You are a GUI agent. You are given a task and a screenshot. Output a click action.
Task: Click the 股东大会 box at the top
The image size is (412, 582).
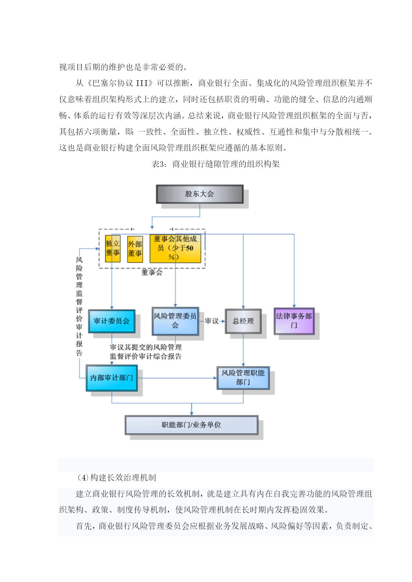click(x=200, y=194)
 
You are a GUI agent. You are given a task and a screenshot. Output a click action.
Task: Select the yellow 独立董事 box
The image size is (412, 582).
click(x=113, y=249)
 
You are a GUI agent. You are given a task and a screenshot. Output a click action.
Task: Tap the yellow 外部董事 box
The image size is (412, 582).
click(x=135, y=249)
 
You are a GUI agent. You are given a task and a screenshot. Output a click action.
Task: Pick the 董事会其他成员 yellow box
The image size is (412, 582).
click(x=175, y=249)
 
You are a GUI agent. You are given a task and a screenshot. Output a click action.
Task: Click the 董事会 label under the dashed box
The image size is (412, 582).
click(x=152, y=272)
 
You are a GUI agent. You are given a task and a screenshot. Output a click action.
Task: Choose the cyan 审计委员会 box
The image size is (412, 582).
click(x=112, y=321)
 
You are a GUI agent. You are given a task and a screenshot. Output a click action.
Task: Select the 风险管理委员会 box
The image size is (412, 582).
click(x=175, y=321)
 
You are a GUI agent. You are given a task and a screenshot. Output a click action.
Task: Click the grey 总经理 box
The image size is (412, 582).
click(x=243, y=321)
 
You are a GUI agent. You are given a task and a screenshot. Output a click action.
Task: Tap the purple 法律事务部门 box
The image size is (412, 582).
click(x=294, y=321)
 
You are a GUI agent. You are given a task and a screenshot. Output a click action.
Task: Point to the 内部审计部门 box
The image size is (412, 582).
click(x=112, y=378)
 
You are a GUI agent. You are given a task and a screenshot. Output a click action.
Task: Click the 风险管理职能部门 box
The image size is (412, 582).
click(x=243, y=378)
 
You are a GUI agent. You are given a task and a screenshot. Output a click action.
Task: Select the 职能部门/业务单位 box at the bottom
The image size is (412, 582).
click(x=192, y=425)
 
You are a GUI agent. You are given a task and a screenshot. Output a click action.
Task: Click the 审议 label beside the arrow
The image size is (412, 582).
click(x=211, y=321)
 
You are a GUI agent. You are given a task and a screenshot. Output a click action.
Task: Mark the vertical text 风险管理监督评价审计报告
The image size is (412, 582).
click(x=79, y=306)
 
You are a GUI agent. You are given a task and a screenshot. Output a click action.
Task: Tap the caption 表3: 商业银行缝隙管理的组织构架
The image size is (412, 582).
click(x=216, y=164)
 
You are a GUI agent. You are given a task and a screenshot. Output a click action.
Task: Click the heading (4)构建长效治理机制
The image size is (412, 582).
click(x=116, y=477)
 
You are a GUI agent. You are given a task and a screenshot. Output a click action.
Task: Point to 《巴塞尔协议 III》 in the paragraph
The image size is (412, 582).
click(x=120, y=83)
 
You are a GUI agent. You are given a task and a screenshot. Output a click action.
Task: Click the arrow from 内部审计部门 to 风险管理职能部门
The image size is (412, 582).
click(x=177, y=378)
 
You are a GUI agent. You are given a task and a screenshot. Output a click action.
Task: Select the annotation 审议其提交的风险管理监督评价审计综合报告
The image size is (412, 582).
click(x=146, y=352)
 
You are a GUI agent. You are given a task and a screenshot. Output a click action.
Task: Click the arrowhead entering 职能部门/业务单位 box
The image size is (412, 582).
click(x=192, y=413)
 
